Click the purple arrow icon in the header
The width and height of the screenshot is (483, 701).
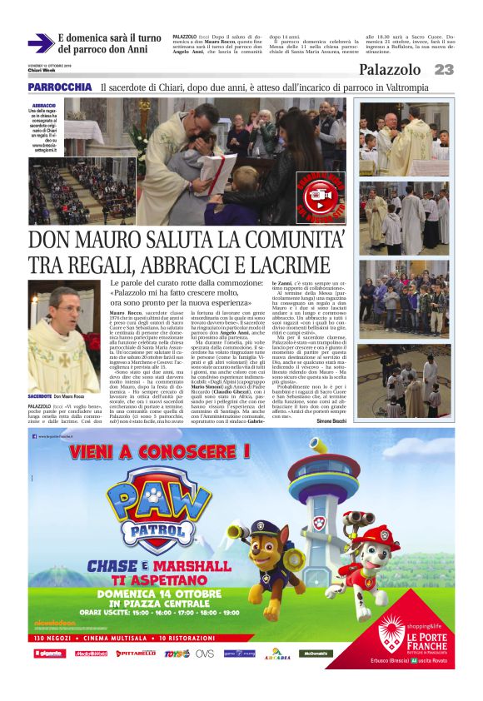[40, 42]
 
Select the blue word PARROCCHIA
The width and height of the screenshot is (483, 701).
[59, 87]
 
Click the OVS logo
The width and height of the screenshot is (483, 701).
[205, 654]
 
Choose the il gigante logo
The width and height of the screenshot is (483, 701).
[49, 654]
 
